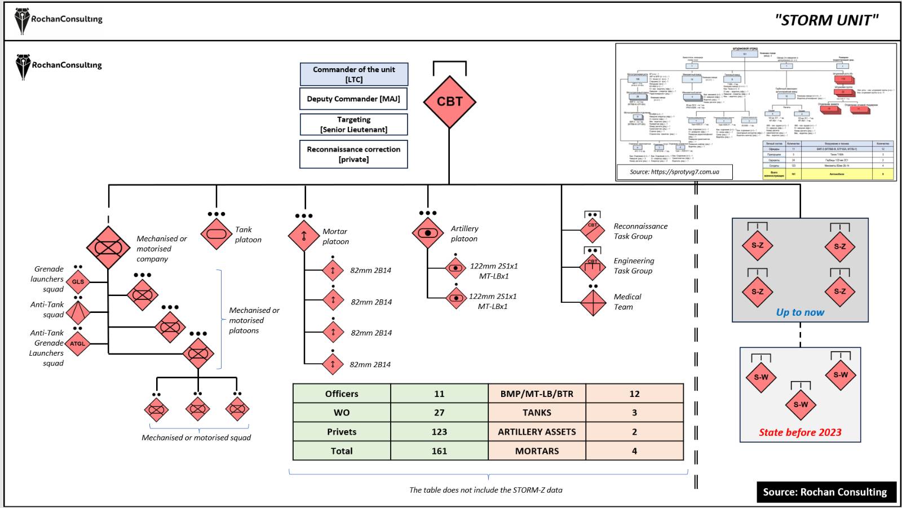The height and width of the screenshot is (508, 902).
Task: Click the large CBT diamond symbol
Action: tap(449, 102)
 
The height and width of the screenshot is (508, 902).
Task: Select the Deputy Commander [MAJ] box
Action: tap(353, 99)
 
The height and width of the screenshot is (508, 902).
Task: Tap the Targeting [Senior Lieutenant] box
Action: tap(353, 125)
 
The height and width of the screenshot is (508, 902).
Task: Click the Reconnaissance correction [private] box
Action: tap(353, 154)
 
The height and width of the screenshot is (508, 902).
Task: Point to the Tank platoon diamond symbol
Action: tap(216, 233)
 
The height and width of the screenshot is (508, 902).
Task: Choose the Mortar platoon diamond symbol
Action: tap(304, 236)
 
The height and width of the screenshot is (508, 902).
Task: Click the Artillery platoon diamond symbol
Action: tap(428, 233)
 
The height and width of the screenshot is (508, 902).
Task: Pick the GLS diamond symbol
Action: tap(78, 281)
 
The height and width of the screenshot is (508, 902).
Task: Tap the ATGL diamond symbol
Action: tap(78, 343)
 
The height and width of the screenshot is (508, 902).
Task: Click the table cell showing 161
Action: tap(439, 451)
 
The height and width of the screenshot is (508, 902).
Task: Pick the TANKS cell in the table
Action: tap(537, 413)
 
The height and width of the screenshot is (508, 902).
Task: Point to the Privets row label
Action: tap(342, 432)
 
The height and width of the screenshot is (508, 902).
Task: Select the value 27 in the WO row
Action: tap(439, 413)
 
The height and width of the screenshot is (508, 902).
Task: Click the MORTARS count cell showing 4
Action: tap(634, 451)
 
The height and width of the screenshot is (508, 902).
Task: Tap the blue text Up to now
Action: tap(800, 312)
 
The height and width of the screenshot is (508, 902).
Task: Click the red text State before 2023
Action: tap(800, 432)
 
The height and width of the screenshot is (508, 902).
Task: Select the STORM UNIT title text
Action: tap(826, 20)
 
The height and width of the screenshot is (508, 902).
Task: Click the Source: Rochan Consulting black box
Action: tap(825, 492)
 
